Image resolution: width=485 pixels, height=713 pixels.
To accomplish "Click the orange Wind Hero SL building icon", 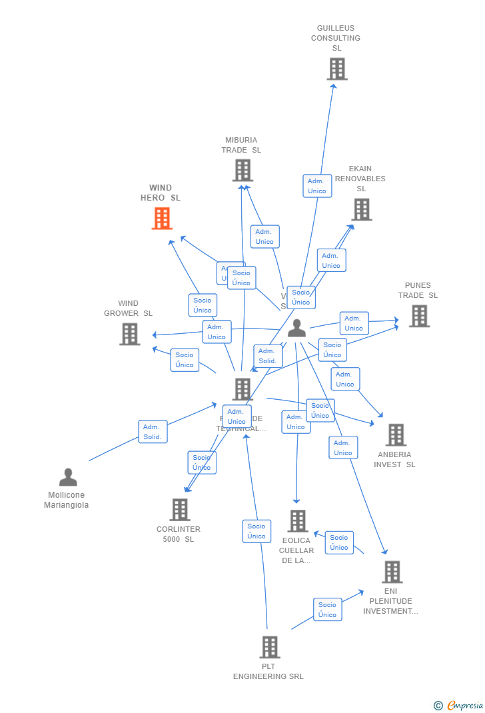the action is pos(162,218).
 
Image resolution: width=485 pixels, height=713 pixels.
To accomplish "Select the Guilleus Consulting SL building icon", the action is pos(337,69).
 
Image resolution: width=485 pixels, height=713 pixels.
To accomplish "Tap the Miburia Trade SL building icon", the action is pos(242,171).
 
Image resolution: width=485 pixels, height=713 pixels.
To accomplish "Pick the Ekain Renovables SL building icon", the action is pos(361,209).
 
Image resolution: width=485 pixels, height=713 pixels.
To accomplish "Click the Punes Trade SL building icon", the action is pos(419,316).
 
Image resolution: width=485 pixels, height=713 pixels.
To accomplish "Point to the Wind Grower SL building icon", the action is pos(130,334).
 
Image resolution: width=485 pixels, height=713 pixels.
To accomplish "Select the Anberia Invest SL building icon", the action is pos(396,434).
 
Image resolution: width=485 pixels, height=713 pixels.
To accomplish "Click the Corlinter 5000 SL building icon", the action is pos(180,510).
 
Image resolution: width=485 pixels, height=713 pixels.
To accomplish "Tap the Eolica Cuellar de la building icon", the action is pos(297,521).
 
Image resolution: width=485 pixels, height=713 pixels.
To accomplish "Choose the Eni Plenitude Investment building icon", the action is pos(392,572).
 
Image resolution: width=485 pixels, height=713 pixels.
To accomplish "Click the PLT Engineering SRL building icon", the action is pos(269,647).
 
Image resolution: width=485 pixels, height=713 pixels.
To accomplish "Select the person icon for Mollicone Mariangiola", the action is pos(68,477).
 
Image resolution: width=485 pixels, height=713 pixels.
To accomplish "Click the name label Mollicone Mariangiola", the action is pos(67,500).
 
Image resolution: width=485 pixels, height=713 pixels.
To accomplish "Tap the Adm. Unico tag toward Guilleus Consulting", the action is pos(317,186).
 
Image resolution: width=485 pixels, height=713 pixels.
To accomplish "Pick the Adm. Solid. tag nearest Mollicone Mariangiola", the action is pos(153,432).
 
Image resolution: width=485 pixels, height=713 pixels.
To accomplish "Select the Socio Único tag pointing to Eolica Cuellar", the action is pos(339,542).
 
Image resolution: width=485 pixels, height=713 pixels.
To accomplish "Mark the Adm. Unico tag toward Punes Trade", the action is pos(354,323).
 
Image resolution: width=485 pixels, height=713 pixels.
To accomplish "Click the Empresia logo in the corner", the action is pos(459,705).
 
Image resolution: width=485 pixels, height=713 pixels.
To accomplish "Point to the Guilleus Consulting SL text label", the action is pos(336,38).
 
